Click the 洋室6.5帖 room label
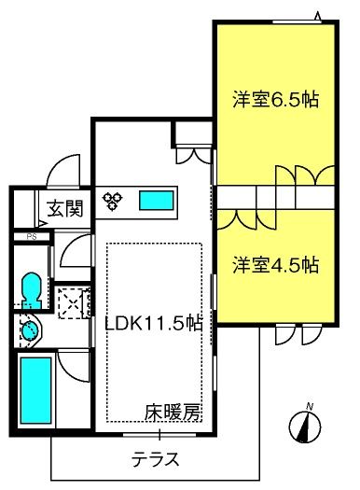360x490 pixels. pos(275,99)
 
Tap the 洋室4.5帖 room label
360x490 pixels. pos(275,265)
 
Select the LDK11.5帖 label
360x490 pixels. pos(154,323)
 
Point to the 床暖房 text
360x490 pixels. pos(172,413)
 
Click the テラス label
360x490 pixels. pos(155,459)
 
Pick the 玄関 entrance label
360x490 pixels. pos(65,208)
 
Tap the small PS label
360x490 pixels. pos(32,236)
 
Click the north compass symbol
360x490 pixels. pos(305,427)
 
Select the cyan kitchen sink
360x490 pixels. pos(156,201)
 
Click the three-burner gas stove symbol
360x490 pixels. pos(113,201)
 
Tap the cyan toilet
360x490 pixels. pos(31,290)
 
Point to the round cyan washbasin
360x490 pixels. pos(30,330)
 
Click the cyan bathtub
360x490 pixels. pos(35,390)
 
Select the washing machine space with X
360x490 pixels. pos(74,302)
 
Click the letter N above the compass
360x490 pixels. pos(310,407)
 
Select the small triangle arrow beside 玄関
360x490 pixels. pos(43,224)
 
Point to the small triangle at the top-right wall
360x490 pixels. pos(318,16)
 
